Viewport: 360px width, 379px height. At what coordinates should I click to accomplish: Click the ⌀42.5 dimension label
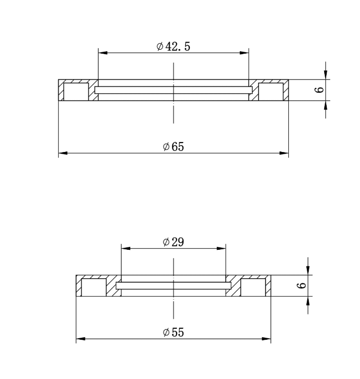click(173, 46)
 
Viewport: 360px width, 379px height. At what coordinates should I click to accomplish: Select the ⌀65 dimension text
click(173, 147)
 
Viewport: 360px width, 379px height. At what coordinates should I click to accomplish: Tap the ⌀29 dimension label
click(173, 242)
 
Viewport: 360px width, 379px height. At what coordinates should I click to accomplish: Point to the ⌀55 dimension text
click(173, 332)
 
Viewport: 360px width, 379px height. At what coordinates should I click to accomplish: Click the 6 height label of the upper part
click(319, 90)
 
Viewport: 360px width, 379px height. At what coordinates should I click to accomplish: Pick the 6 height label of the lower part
click(301, 286)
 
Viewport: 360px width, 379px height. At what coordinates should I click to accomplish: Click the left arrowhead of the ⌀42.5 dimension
click(103, 53)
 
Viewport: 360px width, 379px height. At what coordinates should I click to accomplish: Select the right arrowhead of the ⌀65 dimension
click(284, 153)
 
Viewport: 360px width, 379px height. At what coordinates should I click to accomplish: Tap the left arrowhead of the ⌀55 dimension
click(81, 339)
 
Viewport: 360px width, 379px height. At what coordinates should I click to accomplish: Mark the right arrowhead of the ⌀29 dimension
click(221, 248)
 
